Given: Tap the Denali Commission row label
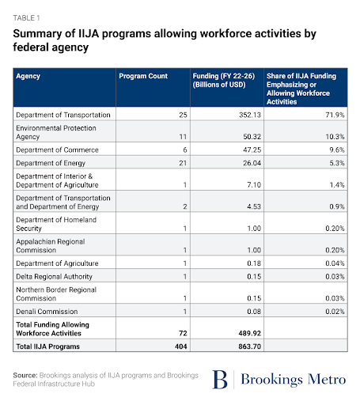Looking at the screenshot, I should [45, 312].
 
